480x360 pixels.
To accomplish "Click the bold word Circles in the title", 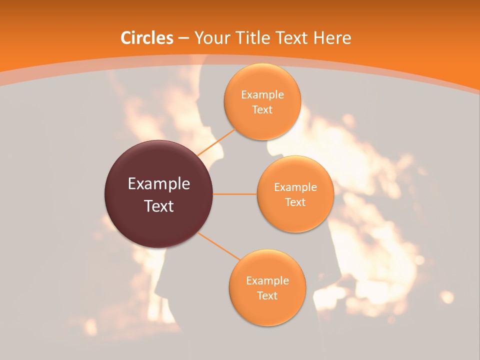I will (x=147, y=38).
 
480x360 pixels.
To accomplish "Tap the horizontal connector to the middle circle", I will (x=234, y=194).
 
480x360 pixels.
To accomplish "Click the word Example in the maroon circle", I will (x=159, y=184).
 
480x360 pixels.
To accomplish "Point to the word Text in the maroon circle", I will (x=159, y=206).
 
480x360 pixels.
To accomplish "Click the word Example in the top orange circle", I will (x=262, y=95).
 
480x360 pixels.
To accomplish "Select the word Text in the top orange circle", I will (x=262, y=109).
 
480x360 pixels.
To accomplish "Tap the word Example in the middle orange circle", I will (x=295, y=187).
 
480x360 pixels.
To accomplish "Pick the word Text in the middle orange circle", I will (x=295, y=202).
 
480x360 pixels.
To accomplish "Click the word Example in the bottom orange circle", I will (x=267, y=281).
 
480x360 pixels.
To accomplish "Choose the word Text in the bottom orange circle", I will (x=267, y=295).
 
